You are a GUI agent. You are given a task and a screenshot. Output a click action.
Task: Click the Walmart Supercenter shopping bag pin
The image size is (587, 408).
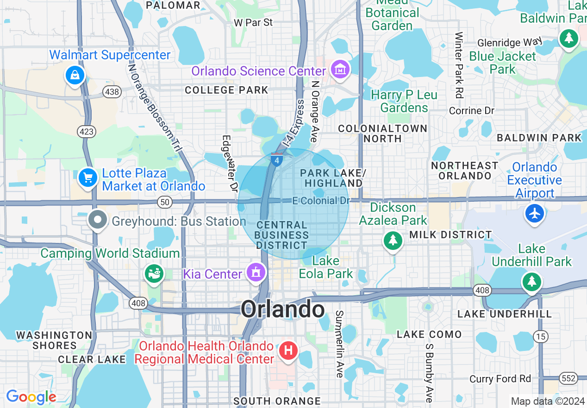(x=75, y=75)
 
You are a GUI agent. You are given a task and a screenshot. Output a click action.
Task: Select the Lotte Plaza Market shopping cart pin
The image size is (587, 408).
(x=88, y=178)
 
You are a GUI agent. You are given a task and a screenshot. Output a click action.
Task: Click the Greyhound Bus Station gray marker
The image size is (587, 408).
(x=98, y=221)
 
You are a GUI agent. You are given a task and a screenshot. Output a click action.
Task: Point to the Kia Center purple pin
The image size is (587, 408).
(x=255, y=272)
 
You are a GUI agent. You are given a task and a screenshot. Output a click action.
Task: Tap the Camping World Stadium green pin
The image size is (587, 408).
(x=154, y=273)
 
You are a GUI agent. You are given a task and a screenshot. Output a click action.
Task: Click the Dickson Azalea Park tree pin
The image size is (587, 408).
(x=393, y=240)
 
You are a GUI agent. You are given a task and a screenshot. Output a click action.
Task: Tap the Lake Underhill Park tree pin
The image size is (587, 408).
(x=531, y=281)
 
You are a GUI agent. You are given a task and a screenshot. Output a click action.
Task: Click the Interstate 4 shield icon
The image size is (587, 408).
(x=277, y=160)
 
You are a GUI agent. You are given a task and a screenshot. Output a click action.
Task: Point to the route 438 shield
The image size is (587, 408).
(x=113, y=92)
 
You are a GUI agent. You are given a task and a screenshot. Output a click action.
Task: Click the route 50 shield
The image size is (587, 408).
(x=165, y=202)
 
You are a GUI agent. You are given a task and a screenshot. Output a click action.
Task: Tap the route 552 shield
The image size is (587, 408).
(x=568, y=378)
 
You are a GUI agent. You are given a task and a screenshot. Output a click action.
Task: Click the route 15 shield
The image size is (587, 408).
(x=540, y=336)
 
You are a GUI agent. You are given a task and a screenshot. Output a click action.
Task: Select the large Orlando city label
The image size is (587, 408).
(x=282, y=309)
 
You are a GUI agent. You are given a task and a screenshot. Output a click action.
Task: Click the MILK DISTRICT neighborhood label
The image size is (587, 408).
(x=450, y=235)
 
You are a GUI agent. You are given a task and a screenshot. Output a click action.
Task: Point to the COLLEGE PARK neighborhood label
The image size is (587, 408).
(x=226, y=90)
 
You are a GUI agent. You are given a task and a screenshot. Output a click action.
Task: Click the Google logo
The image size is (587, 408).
(x=31, y=397)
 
